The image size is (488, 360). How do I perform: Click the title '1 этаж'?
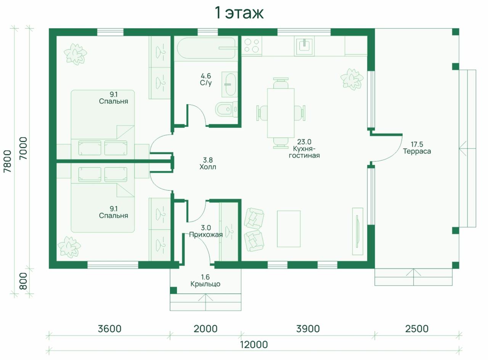[239, 13]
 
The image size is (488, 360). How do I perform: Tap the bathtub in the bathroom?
[206, 48]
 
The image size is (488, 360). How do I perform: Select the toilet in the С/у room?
[226, 109]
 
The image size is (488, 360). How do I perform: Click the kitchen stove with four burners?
[252, 46]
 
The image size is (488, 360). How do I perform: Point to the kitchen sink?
[304, 46]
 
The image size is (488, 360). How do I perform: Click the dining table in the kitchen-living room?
[281, 113]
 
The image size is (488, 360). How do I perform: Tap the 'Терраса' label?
[417, 151]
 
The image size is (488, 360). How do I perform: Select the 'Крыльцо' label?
[205, 284]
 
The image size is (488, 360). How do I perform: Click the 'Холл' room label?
[208, 167]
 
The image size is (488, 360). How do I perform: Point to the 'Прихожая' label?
[206, 235]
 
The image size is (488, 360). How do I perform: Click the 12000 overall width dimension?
[254, 345]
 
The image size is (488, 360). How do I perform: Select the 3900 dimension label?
[308, 329]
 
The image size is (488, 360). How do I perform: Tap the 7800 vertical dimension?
[7, 161]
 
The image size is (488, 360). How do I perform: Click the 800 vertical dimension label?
[23, 281]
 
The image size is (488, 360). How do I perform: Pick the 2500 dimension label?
[417, 329]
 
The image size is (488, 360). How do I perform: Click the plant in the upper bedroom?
[75, 54]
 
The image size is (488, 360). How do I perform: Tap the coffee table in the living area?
[289, 229]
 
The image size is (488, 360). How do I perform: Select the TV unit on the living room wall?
[358, 231]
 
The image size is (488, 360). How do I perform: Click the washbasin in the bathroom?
[230, 84]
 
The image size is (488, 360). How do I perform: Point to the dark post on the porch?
[173, 290]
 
